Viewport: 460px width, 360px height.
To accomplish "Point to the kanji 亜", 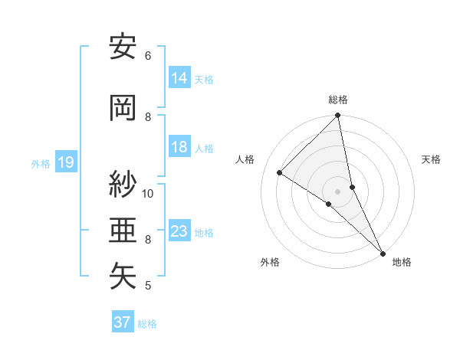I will coord(123,230).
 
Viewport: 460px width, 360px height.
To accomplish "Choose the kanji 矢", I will coord(123,276).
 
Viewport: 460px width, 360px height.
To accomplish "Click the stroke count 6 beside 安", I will coord(148,56).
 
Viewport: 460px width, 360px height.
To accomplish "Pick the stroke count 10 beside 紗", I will coord(148,193).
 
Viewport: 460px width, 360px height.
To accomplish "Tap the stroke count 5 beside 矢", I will coord(148,286).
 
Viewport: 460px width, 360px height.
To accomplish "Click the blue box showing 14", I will coord(179,78).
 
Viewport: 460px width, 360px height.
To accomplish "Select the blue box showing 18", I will coord(179,148).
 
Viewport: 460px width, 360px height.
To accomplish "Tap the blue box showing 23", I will coord(179,231).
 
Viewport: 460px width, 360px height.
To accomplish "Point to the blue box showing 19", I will coord(65,162).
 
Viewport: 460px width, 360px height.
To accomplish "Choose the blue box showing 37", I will coord(123,322).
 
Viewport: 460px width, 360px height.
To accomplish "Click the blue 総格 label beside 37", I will coord(148,324).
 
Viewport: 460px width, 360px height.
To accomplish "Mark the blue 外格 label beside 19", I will coord(41,164).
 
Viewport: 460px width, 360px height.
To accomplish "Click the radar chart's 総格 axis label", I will coord(338,100).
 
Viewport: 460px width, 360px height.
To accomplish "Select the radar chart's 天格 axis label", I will coord(432,160).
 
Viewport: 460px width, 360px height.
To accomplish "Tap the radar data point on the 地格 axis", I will coord(383,252).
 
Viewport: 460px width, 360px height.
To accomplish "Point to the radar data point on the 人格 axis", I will coord(280,173).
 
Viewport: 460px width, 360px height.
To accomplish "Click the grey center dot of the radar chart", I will coord(337,191).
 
